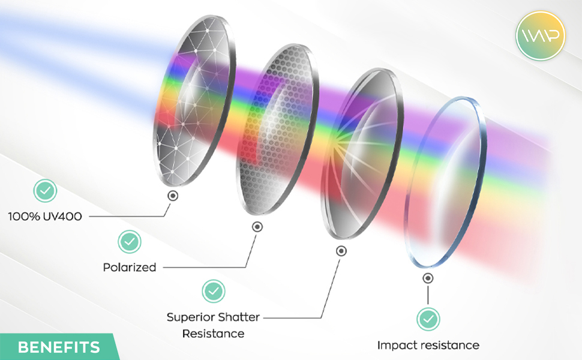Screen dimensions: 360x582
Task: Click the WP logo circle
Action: tap(541, 35)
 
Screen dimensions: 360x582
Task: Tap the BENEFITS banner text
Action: tap(59, 347)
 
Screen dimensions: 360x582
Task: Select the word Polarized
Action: tap(130, 267)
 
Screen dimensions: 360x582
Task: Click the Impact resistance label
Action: tap(428, 345)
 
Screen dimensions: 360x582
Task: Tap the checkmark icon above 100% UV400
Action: tap(45, 191)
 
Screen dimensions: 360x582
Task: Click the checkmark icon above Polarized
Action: tap(130, 242)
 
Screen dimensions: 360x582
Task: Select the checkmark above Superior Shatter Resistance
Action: tap(214, 291)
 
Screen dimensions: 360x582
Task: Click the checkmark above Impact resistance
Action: tap(428, 319)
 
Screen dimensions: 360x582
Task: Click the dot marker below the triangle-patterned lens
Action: tap(173, 196)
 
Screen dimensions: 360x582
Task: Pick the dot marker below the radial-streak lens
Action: tap(341, 251)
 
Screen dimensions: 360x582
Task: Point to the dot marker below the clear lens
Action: tap(428, 278)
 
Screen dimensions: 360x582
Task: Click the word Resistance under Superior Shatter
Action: tap(213, 333)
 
